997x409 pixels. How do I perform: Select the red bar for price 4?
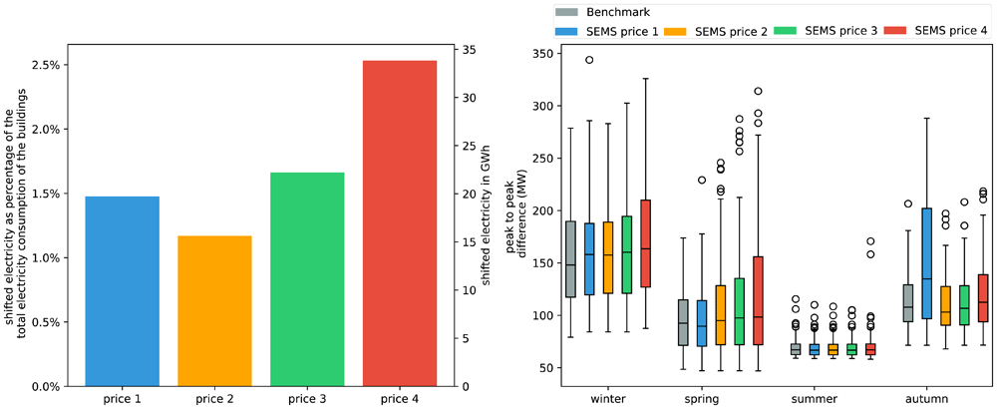400,223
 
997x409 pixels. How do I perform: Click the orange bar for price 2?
214,311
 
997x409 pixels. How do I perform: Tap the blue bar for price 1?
122,291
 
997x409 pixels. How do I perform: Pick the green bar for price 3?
307,279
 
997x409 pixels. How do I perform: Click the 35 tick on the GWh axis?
468,50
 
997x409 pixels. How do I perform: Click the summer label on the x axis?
816,399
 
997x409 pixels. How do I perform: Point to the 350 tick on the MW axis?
542,54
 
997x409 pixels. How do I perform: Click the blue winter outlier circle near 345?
589,60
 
